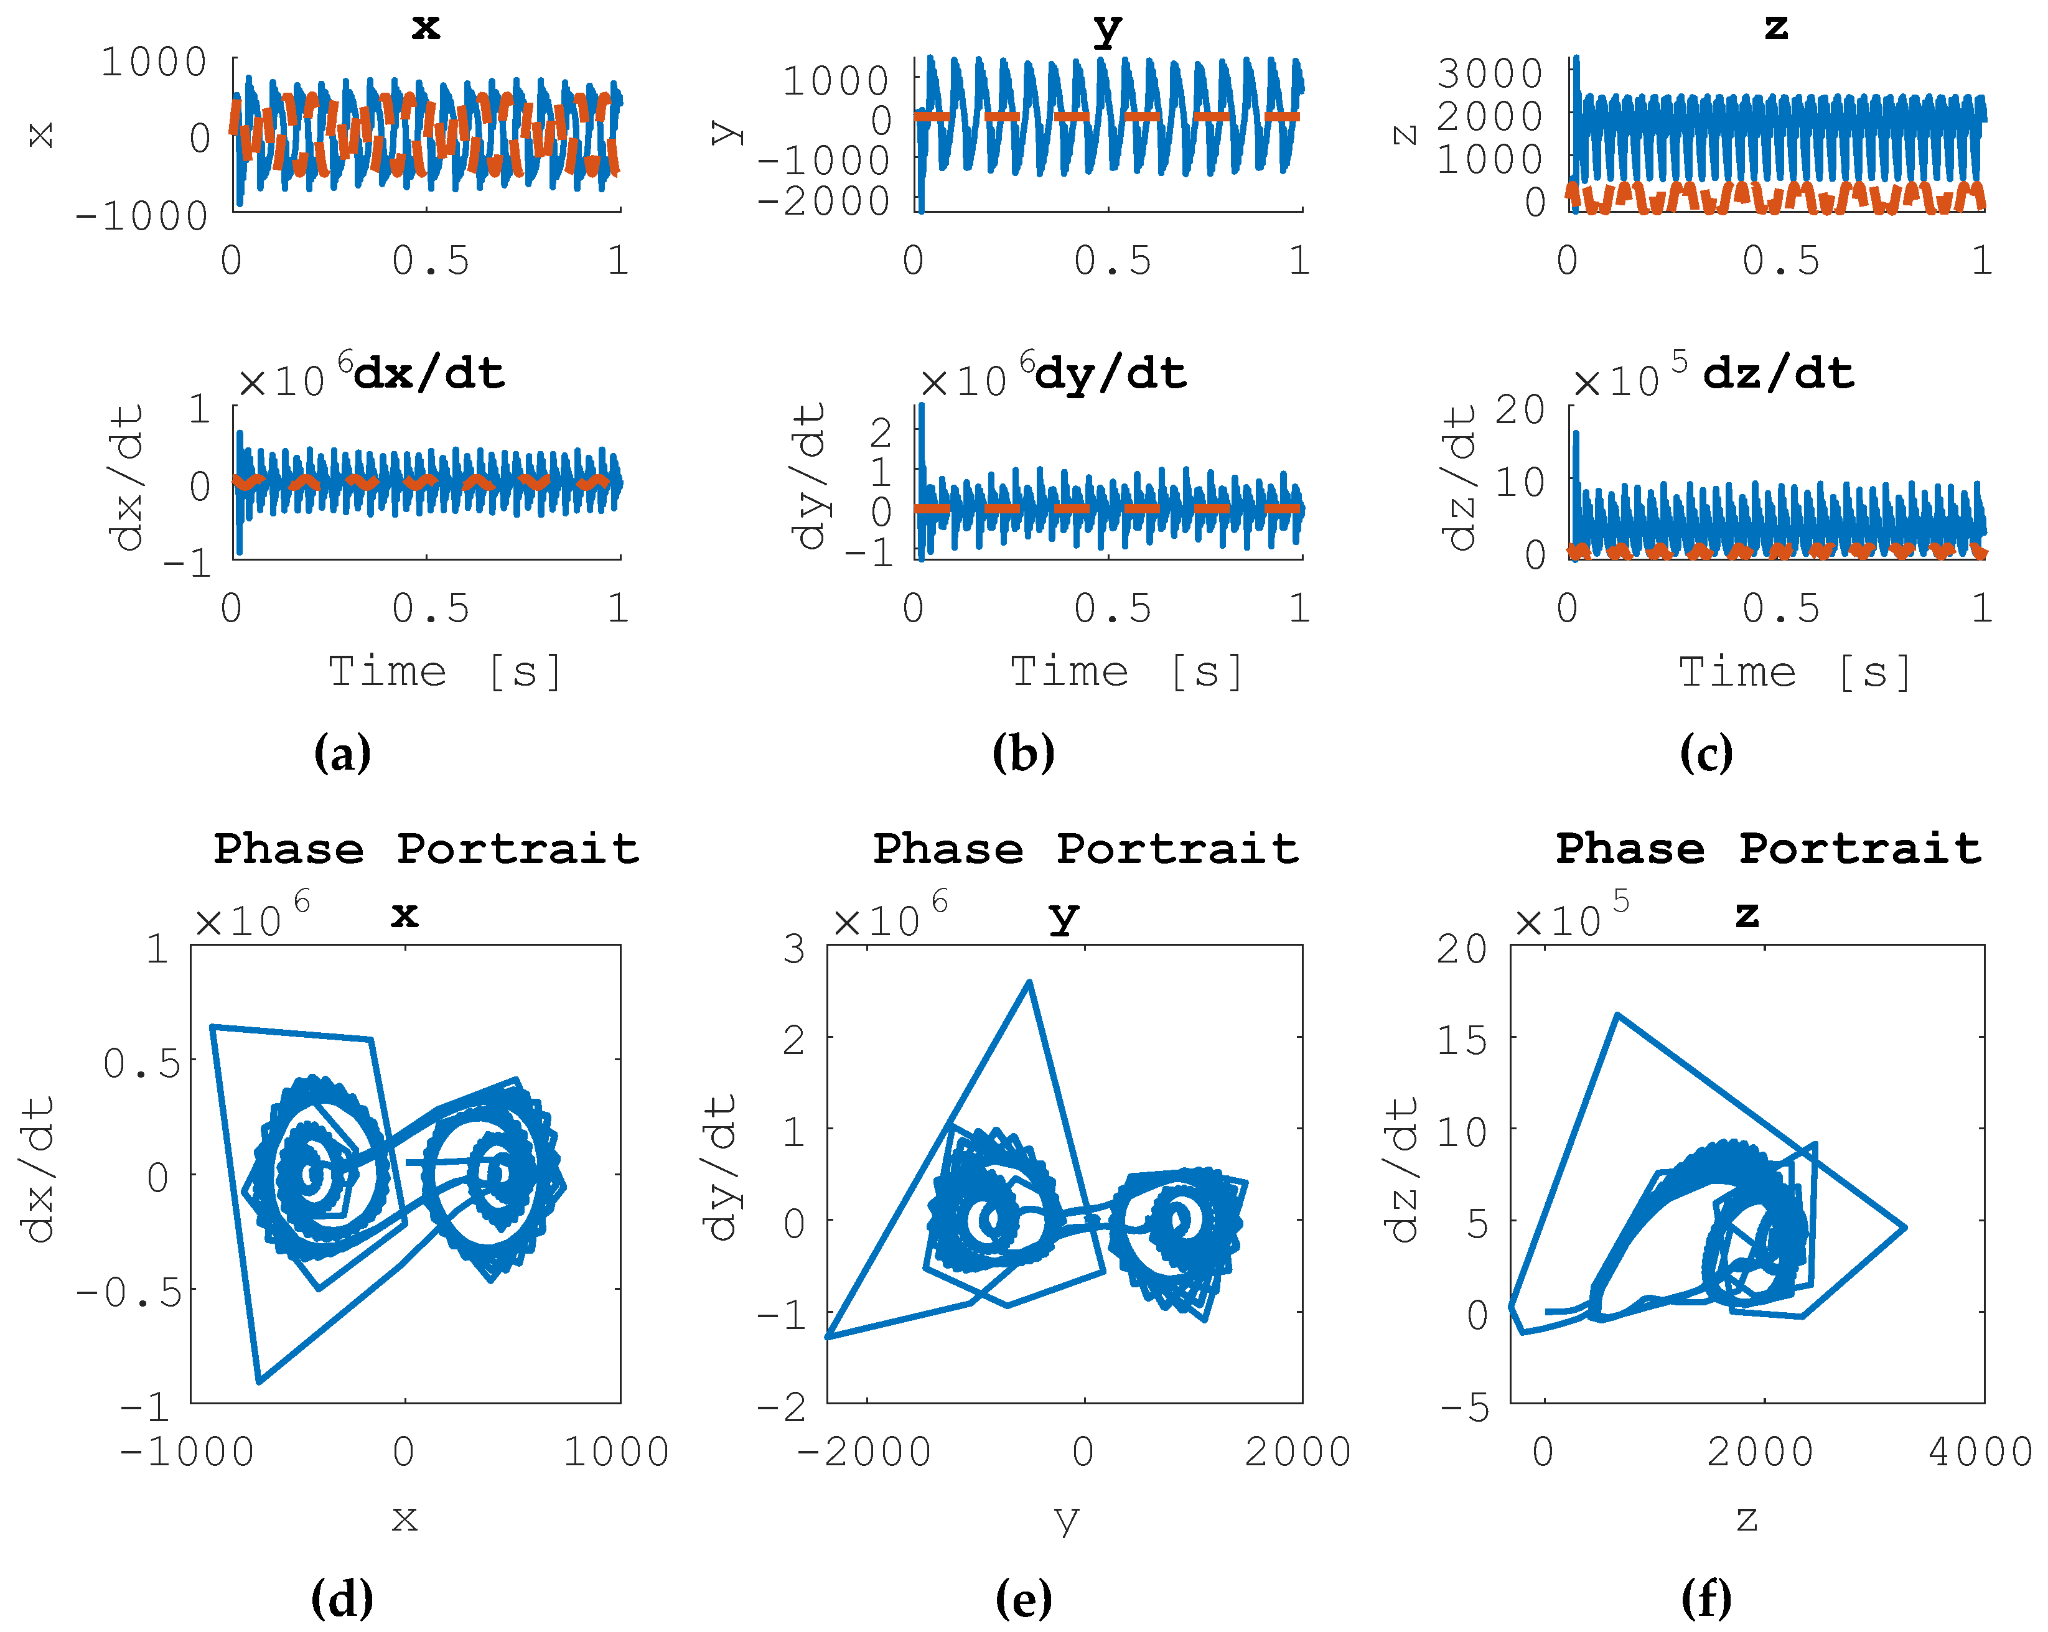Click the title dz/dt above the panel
click(x=1777, y=373)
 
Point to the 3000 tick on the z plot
click(x=1489, y=73)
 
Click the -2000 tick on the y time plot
click(x=823, y=200)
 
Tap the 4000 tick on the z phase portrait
click(x=1980, y=1452)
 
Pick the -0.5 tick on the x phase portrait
click(x=129, y=1292)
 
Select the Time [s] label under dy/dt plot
click(x=1126, y=671)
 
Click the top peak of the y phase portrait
click(x=1029, y=983)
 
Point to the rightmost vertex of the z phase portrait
click(x=1905, y=1228)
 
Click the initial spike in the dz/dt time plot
click(x=1576, y=435)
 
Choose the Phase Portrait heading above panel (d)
click(x=426, y=848)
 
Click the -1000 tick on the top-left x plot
click(x=143, y=217)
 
